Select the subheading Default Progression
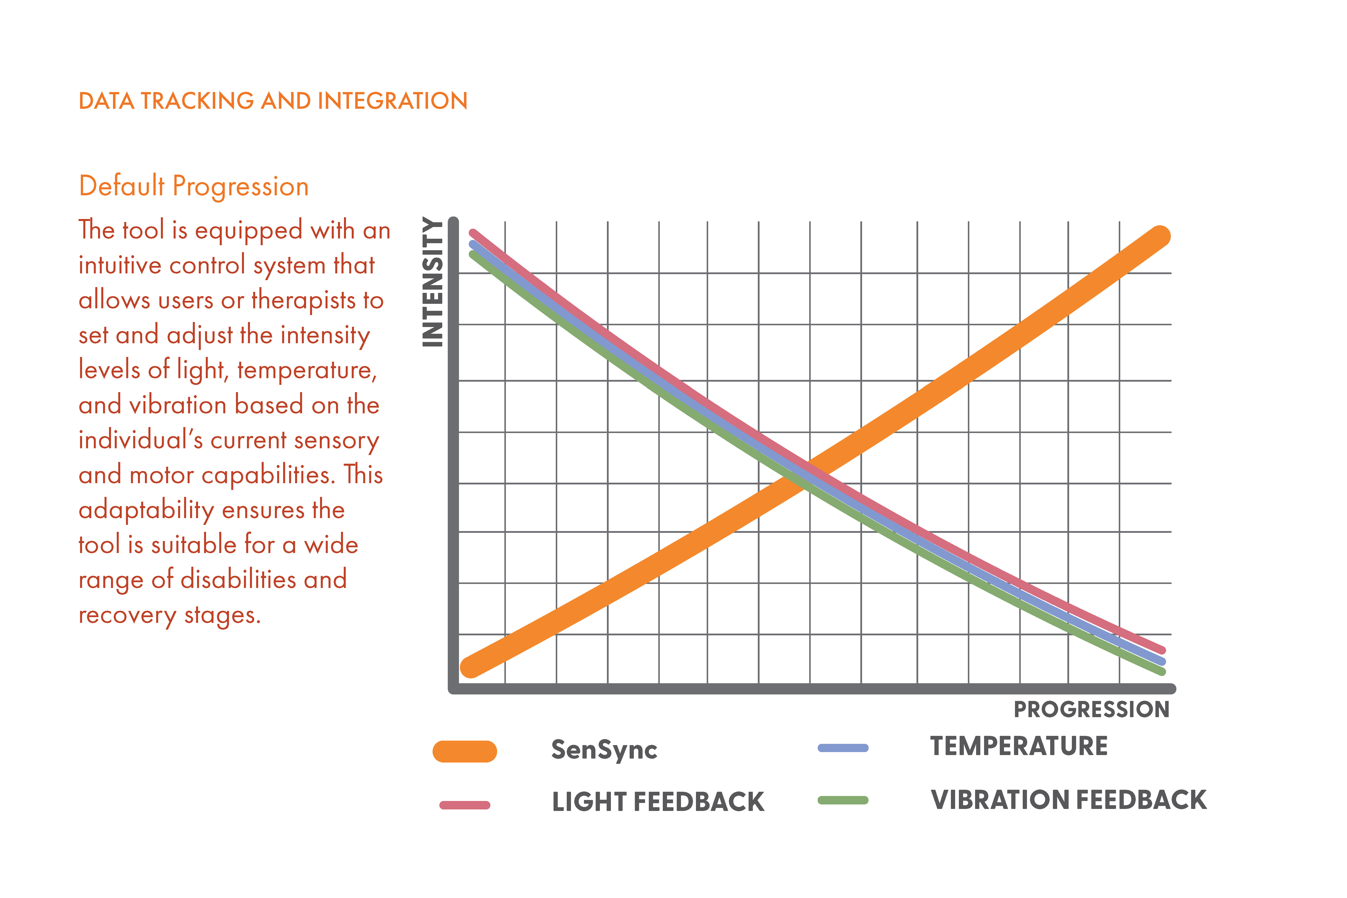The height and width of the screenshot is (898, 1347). [194, 186]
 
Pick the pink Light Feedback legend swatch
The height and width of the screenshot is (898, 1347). [464, 805]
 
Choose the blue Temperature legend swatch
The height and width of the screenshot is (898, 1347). [843, 747]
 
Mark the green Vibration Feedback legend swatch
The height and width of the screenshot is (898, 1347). [843, 800]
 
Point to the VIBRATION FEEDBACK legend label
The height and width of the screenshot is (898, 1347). [1069, 799]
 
